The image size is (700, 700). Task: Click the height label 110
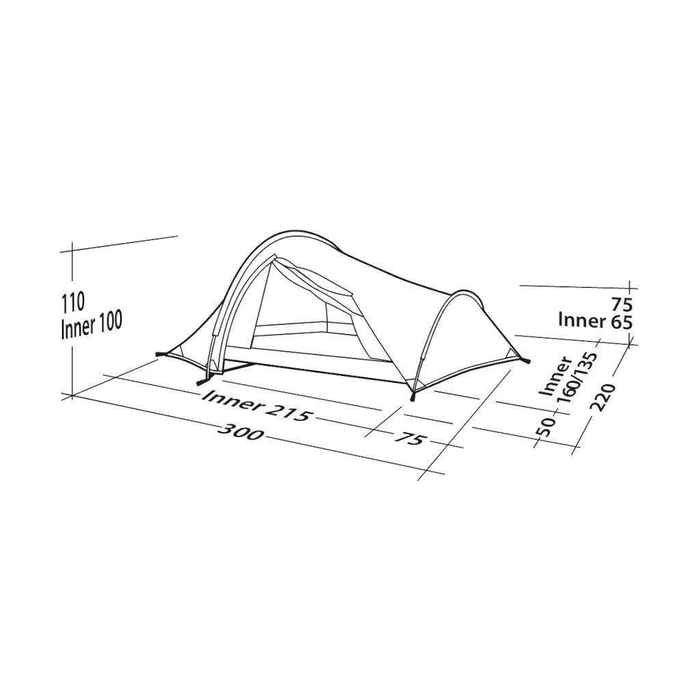click(72, 303)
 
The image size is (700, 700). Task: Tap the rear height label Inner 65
click(595, 321)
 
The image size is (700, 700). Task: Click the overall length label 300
click(241, 431)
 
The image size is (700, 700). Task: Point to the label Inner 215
click(256, 406)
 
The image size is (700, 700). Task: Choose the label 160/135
click(577, 378)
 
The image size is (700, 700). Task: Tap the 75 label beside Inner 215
click(408, 438)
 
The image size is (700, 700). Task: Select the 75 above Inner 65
click(622, 305)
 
